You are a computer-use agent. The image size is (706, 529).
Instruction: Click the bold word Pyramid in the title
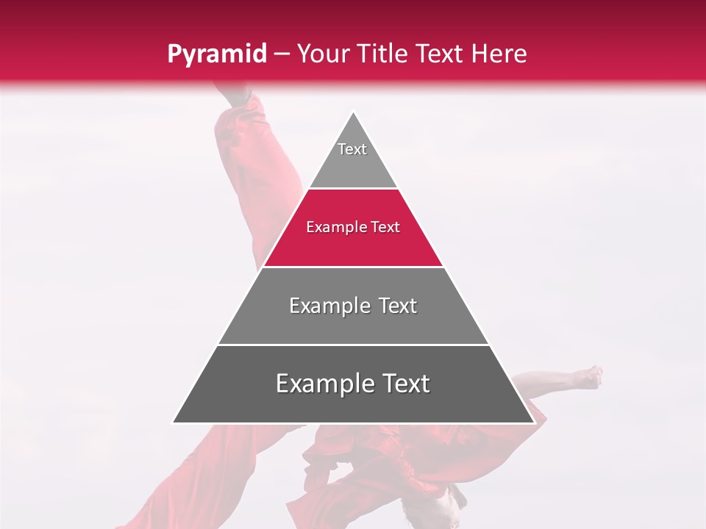[216, 54]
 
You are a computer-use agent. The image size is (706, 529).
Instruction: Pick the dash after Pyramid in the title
[281, 54]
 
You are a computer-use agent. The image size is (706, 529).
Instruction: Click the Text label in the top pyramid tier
[352, 149]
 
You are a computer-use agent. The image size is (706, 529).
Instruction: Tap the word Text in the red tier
[385, 228]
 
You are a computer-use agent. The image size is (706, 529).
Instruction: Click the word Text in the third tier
[398, 306]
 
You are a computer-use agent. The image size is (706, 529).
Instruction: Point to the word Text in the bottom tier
[404, 384]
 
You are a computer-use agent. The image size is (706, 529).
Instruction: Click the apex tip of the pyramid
[353, 112]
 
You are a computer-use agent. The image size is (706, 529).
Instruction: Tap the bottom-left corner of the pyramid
[174, 422]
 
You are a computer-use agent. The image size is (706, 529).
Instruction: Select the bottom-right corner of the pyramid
[533, 422]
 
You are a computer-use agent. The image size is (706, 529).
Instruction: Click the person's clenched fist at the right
[590, 377]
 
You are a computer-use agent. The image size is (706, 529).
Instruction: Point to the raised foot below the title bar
[234, 96]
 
